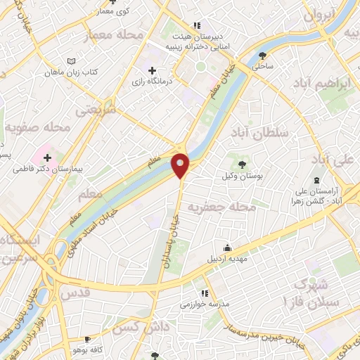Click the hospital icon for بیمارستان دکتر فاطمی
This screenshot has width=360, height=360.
point(47,157)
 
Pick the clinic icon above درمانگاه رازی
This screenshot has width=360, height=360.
point(153,71)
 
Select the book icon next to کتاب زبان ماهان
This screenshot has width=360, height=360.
point(70,62)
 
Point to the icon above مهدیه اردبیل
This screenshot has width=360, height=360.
point(227,247)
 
